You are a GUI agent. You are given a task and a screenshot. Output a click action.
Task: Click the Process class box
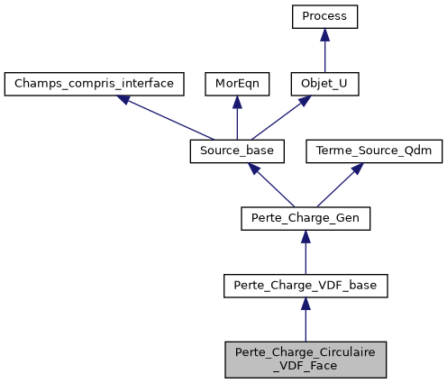click(x=325, y=16)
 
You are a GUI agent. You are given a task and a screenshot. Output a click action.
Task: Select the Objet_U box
click(x=325, y=84)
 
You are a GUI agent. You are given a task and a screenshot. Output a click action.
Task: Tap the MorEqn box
click(x=235, y=84)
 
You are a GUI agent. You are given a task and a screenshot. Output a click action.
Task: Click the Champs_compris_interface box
click(x=95, y=84)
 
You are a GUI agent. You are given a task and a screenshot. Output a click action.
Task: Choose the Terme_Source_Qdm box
click(x=375, y=151)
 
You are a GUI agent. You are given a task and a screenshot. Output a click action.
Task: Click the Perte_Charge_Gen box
click(x=306, y=218)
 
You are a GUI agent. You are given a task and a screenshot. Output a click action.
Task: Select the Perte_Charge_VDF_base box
click(x=306, y=286)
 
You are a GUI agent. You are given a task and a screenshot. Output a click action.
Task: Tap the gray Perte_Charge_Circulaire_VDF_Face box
click(x=306, y=359)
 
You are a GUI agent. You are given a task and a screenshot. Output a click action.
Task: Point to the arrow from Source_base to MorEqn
click(x=235, y=118)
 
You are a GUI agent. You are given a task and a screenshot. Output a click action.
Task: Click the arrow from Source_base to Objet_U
click(x=279, y=118)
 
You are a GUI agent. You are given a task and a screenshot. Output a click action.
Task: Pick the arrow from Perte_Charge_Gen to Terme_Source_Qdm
click(x=340, y=186)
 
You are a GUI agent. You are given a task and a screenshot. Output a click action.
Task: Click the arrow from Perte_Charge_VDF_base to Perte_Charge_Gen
click(x=306, y=252)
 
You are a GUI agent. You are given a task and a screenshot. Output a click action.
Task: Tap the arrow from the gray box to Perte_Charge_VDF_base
click(x=306, y=320)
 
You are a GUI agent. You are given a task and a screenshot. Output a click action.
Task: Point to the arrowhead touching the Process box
click(x=325, y=35)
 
